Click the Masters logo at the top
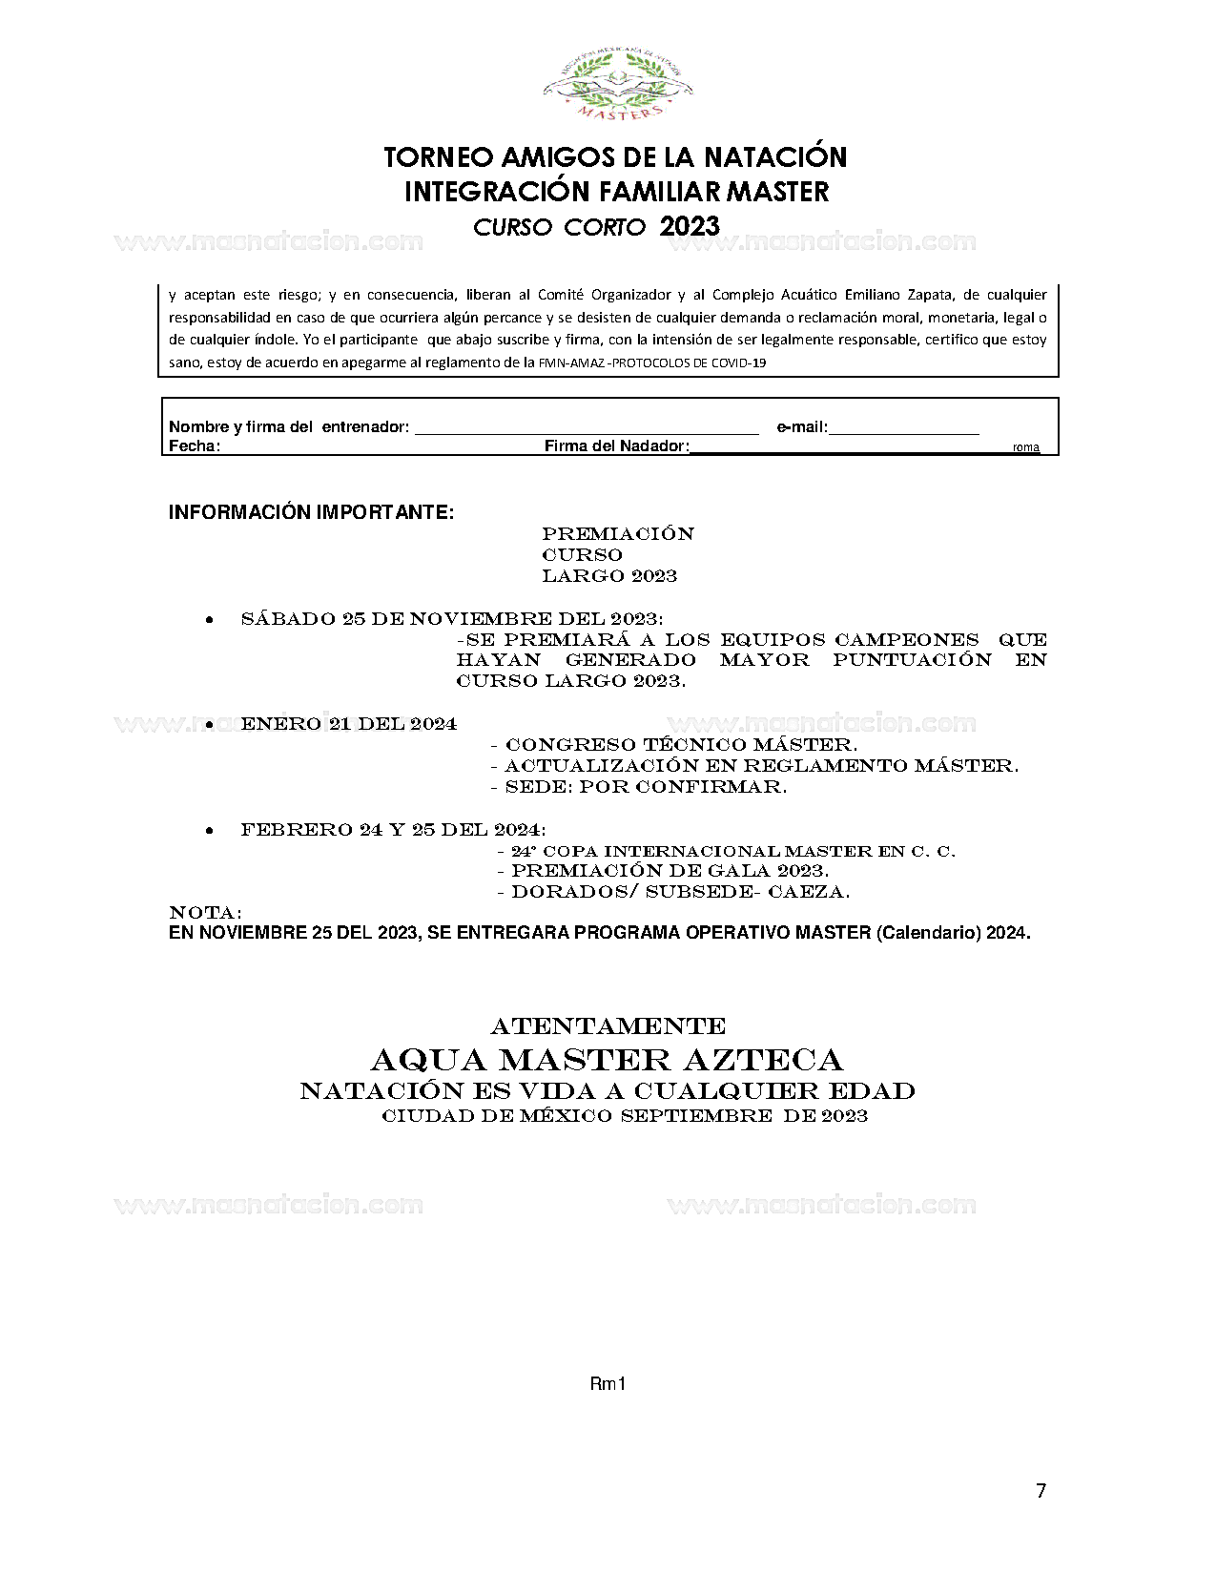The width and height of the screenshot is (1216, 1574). (617, 87)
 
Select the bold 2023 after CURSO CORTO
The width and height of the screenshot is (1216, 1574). (689, 226)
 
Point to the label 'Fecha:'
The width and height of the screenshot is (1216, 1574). (195, 445)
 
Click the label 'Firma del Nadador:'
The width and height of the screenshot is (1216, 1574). (616, 445)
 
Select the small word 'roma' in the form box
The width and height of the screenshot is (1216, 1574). (1025, 447)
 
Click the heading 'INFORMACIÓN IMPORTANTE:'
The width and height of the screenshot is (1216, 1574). (311, 512)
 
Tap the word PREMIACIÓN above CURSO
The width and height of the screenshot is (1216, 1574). (617, 533)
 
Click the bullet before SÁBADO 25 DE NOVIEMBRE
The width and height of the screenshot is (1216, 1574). (209, 620)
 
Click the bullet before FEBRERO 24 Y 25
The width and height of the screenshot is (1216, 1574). (209, 831)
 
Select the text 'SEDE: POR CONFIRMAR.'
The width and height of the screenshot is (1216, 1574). (646, 787)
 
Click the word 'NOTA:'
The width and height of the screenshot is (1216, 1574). (205, 913)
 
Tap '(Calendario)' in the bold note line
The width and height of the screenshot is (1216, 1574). (928, 933)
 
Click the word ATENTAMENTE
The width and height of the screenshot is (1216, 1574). (608, 1026)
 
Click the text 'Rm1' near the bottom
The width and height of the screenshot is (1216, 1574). (608, 1383)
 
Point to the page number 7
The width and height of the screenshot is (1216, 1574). (1041, 1491)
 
